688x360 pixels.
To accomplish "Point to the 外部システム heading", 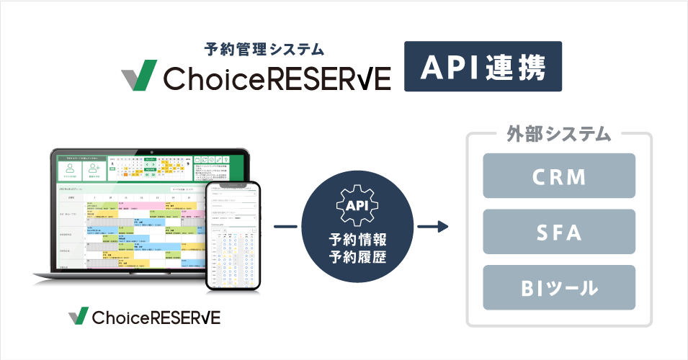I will (559, 135).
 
